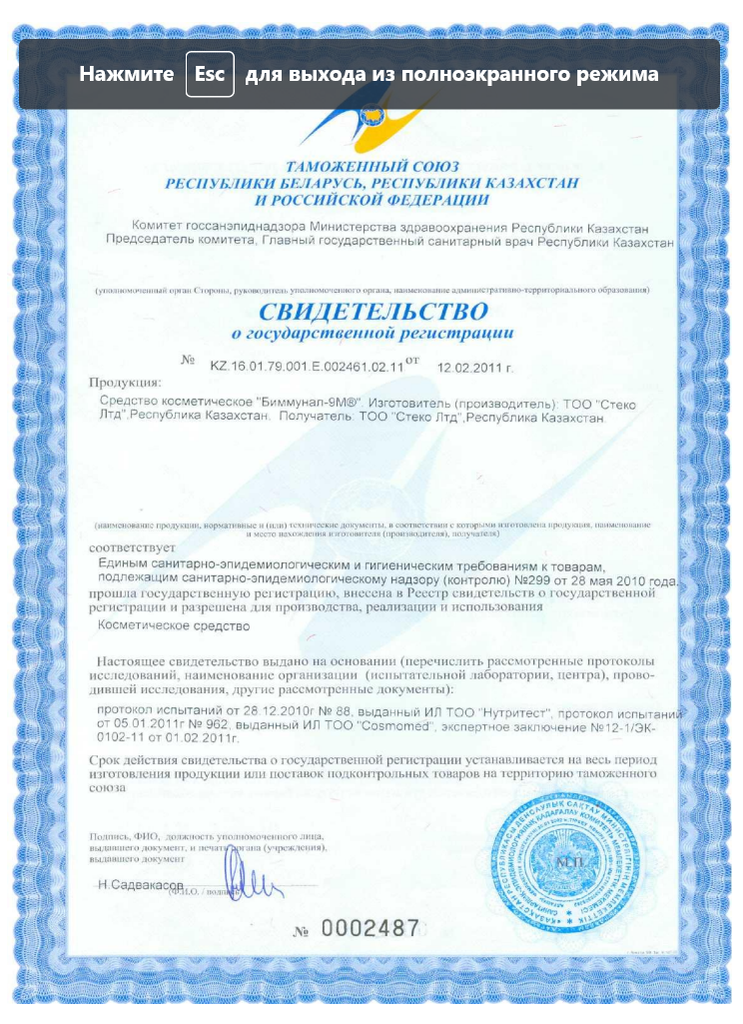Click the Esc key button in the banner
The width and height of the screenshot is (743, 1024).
210,75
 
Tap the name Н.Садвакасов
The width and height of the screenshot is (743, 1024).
141,885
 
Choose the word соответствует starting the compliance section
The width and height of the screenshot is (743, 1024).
131,548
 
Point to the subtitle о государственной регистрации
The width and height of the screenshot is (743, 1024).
371,332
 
